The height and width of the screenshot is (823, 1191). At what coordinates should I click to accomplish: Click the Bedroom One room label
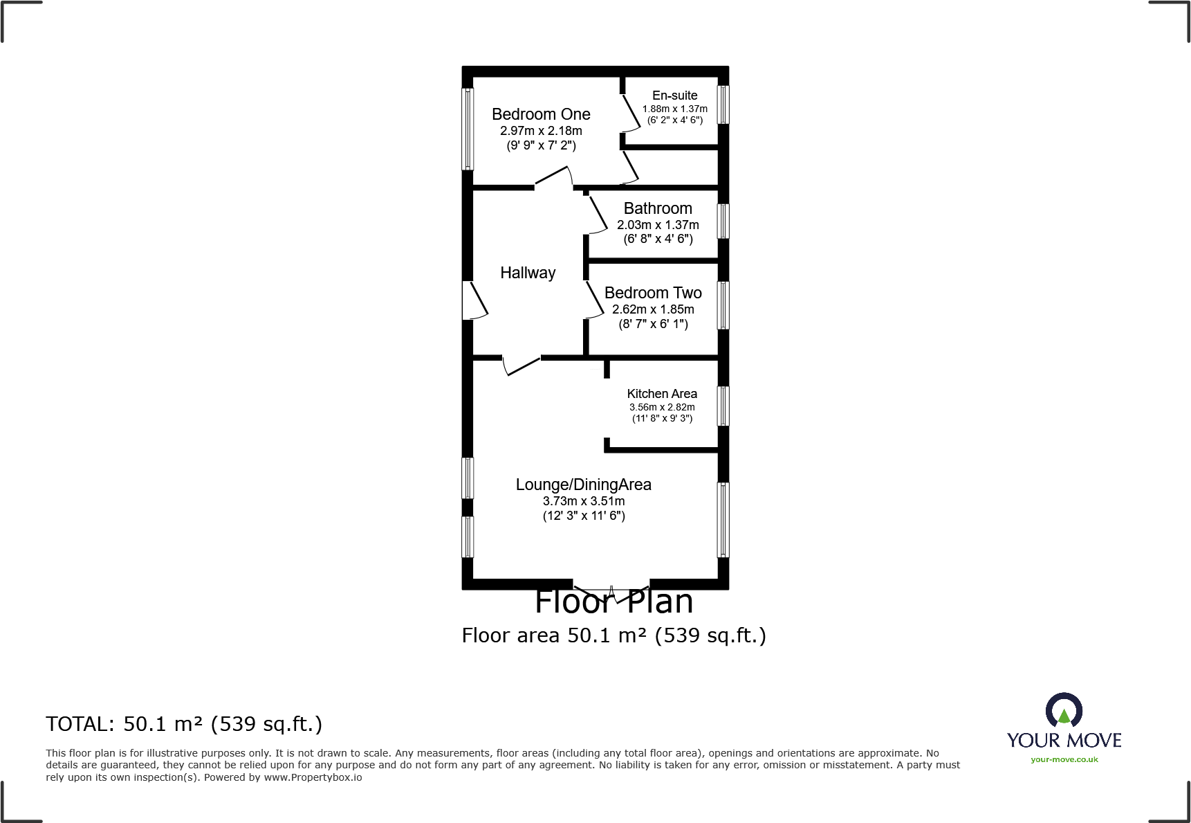click(x=541, y=114)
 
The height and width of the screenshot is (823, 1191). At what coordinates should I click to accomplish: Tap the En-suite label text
click(x=674, y=96)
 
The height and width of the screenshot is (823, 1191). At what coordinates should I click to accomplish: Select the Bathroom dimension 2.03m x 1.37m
click(x=658, y=225)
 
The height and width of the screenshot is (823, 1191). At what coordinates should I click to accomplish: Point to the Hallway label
click(x=528, y=273)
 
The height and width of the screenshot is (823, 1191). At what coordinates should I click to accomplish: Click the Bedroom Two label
click(x=653, y=293)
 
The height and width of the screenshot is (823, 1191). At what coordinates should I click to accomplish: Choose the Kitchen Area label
click(x=662, y=394)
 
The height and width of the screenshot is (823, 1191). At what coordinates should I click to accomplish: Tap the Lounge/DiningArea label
click(x=583, y=485)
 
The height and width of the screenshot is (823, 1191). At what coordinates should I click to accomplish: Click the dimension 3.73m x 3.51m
click(x=583, y=501)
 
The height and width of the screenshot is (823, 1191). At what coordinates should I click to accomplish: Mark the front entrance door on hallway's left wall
click(x=474, y=300)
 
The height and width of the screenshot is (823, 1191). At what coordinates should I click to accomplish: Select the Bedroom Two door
click(x=594, y=300)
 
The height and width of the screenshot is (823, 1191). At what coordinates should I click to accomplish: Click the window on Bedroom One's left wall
click(x=468, y=129)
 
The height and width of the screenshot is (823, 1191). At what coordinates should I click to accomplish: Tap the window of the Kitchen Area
click(x=723, y=406)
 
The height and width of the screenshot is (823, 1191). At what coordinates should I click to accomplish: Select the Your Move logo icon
click(x=1064, y=711)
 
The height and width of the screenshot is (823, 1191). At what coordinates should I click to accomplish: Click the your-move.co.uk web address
click(x=1064, y=759)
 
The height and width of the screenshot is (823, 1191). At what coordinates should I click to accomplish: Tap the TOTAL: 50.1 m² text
click(x=184, y=724)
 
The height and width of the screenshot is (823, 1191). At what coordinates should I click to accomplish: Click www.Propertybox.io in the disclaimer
click(x=313, y=777)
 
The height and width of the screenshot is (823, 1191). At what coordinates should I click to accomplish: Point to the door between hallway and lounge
click(x=522, y=365)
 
